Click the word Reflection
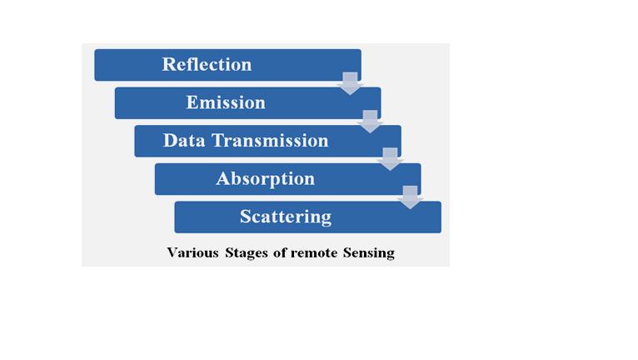[207, 64]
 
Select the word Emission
[226, 102]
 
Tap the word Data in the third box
[184, 141]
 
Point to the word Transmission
[270, 141]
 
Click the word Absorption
[266, 179]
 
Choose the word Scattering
[286, 217]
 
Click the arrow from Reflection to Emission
[350, 83]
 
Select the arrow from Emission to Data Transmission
[370, 122]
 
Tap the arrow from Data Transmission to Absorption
[390, 159]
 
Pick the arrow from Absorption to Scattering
[410, 197]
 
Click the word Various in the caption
[193, 252]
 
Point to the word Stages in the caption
[247, 253]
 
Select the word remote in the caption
[314, 252]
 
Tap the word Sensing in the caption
[369, 253]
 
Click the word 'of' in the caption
[280, 252]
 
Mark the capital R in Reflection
[168, 64]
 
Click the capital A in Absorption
[222, 178]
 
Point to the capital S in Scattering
[245, 217]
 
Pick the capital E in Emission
[192, 102]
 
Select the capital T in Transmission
[218, 141]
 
